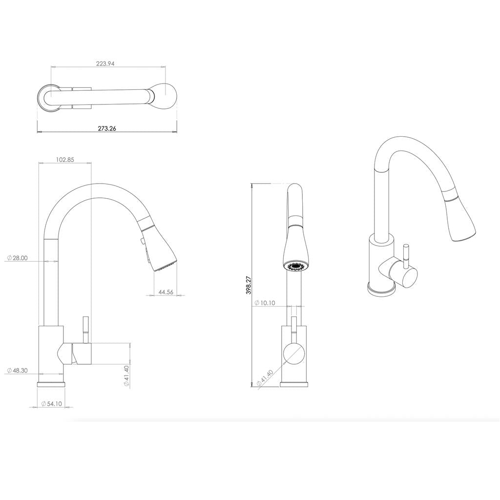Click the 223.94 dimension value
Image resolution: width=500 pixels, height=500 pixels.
[x=105, y=63]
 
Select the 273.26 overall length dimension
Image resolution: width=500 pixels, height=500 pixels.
[x=107, y=128]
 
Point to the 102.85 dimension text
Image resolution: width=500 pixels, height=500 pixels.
[x=65, y=159]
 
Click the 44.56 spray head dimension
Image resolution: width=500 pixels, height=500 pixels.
[x=166, y=292]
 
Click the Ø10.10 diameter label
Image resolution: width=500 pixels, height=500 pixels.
[x=265, y=303]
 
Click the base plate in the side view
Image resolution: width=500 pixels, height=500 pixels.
[x=51, y=384]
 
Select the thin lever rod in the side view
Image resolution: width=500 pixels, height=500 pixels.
[x=84, y=329]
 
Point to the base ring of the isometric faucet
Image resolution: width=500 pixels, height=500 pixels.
[x=381, y=290]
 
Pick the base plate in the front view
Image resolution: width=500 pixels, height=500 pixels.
[x=294, y=384]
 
